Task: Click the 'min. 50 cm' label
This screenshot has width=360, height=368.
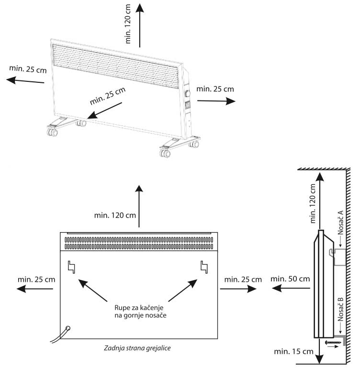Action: [x=290, y=279]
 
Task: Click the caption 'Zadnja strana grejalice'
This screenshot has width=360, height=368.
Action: [x=138, y=348]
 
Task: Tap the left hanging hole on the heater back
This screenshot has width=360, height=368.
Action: [x=72, y=266]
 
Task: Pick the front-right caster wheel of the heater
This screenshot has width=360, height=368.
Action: [x=165, y=154]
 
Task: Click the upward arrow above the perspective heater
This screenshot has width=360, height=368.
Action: [x=139, y=26]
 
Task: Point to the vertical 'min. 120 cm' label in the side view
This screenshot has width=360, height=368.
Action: [x=313, y=204]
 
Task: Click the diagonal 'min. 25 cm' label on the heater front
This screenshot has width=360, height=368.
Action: [x=108, y=97]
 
